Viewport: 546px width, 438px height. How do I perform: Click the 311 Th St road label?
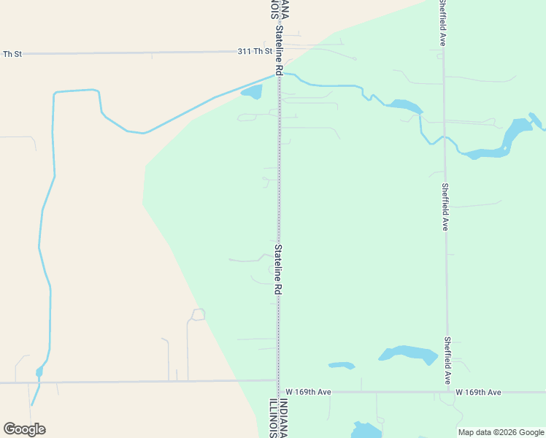[255, 52]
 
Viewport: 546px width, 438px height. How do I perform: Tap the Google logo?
[24, 429]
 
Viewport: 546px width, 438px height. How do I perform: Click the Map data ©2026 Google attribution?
[501, 432]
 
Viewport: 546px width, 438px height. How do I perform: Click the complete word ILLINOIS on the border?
[272, 418]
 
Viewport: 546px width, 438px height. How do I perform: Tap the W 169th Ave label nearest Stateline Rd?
[309, 392]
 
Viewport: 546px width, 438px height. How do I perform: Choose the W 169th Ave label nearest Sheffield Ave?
[478, 392]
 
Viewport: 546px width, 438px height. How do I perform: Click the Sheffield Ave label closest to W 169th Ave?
[446, 361]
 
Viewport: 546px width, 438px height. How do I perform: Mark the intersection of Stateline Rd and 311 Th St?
[277, 52]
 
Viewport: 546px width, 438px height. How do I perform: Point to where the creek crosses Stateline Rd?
[277, 74]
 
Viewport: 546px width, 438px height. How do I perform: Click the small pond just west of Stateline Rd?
[252, 92]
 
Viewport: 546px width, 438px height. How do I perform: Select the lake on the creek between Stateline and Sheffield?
[404, 106]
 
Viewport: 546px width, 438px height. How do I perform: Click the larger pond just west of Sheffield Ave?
[408, 354]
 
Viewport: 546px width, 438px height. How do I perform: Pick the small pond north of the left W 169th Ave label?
[342, 365]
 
